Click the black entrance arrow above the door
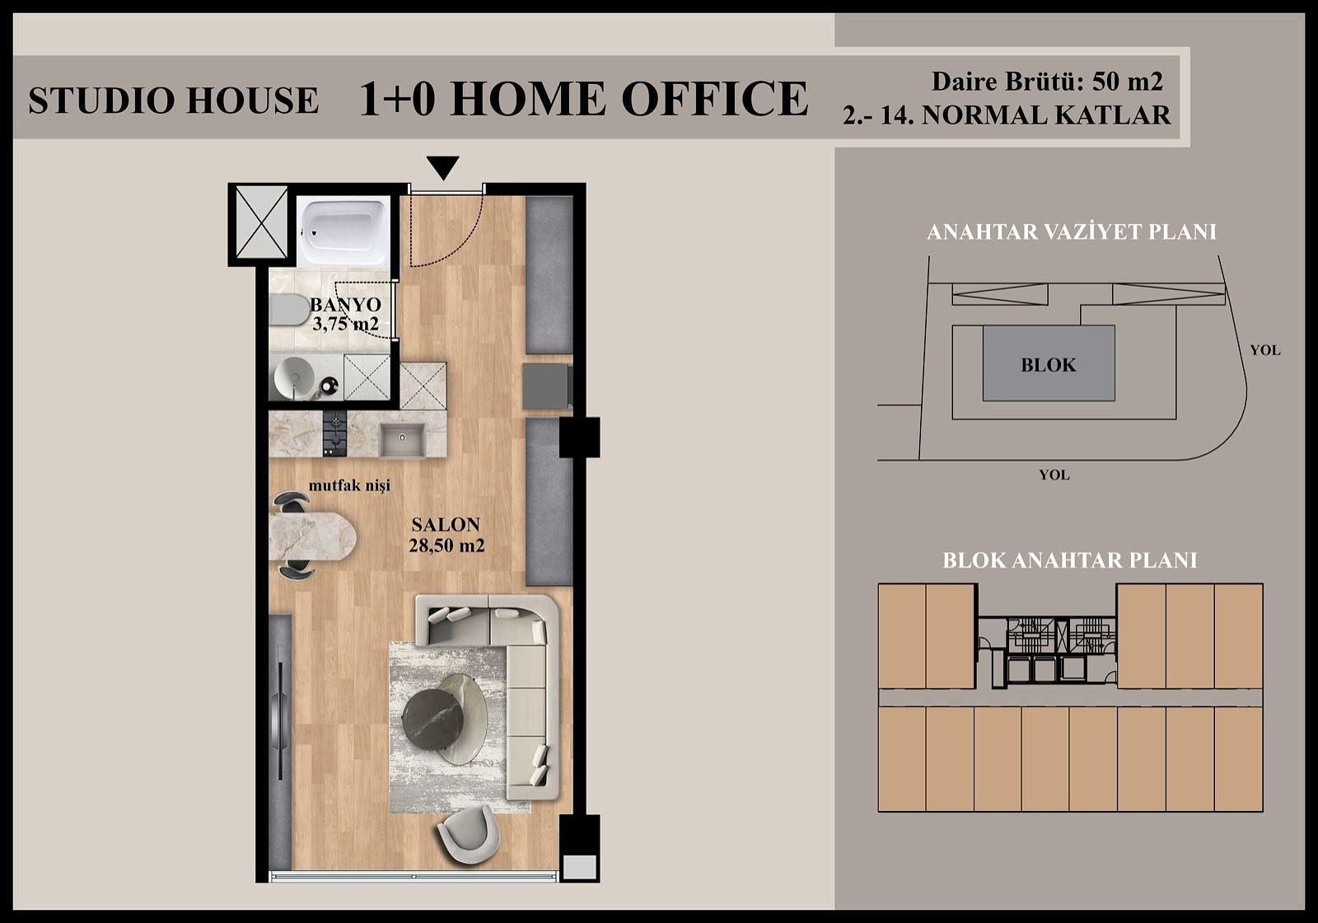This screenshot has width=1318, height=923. (x=444, y=167)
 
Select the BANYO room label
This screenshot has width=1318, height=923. (x=345, y=305)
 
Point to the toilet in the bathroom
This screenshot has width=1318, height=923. (x=285, y=312)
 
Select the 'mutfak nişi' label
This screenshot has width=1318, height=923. (x=349, y=485)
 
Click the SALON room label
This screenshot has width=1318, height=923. (x=446, y=524)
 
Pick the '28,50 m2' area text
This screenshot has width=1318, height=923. (x=446, y=545)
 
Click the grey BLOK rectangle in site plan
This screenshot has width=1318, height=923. (x=1048, y=363)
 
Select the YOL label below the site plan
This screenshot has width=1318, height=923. (x=1054, y=475)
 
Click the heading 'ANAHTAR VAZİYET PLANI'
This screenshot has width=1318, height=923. (x=1071, y=232)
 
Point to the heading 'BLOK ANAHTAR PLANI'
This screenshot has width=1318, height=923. (x=1069, y=560)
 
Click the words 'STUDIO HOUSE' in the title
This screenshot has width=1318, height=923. (x=173, y=101)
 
